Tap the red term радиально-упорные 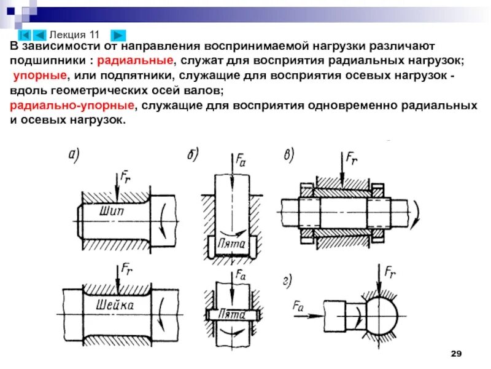[x=72, y=106]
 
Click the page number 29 [x=455, y=353]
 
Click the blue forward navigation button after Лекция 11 [x=119, y=35]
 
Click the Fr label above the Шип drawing [x=125, y=178]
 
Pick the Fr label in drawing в [x=352, y=160]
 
